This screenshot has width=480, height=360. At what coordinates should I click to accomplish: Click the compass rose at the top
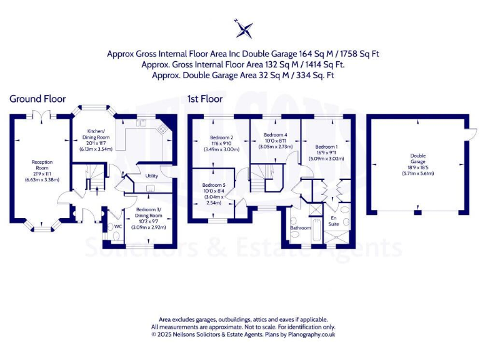(x=244, y=28)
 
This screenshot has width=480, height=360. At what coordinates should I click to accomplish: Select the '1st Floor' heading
(x=205, y=99)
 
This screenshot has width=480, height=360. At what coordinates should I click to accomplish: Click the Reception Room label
(x=42, y=164)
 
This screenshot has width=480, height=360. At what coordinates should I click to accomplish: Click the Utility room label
(x=152, y=176)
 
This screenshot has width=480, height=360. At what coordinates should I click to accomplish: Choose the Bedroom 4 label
(x=276, y=135)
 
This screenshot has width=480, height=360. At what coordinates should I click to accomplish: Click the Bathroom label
(x=300, y=228)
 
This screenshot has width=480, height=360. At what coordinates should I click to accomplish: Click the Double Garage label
(x=417, y=159)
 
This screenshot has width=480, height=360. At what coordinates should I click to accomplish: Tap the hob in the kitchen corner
(x=162, y=129)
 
